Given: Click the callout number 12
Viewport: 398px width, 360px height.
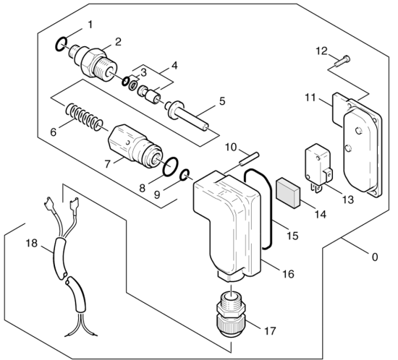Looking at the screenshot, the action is pos(321,51).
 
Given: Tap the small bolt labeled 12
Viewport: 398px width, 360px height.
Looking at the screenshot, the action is pos(342,61).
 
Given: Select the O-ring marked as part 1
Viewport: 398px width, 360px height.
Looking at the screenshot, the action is pos(62,44).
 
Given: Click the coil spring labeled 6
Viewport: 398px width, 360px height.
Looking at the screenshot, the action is pos(84,117).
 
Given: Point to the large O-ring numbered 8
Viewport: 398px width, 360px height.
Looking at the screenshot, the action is pos(170,166).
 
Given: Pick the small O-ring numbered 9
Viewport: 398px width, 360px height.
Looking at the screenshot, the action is pos(185,175).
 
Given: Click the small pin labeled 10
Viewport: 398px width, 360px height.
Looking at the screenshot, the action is pos(250,159).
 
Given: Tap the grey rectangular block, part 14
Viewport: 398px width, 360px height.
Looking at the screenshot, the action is pos(288,192).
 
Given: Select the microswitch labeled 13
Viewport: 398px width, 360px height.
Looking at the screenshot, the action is pos(319,168).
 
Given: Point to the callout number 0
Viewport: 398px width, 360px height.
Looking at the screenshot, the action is pos(375,257).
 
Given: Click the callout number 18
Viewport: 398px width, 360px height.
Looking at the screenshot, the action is pos(32,244).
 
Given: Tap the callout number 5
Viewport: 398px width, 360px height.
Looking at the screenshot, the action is pos(222,101).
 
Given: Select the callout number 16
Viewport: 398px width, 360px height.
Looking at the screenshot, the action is pos(288,274).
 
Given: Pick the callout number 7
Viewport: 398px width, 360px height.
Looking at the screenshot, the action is pos(107,164).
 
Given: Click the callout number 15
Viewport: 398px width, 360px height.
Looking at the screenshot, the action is pos(292,236).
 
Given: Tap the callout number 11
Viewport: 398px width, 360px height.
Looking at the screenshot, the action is pos(310,98).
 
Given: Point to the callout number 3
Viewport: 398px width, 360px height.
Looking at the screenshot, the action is pos(143,72).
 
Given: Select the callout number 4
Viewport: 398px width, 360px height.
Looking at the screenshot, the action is pos(174,65).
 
